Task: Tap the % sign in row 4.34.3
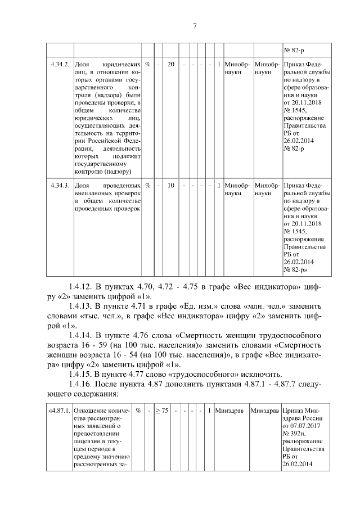147,185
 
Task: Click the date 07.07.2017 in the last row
303,426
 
